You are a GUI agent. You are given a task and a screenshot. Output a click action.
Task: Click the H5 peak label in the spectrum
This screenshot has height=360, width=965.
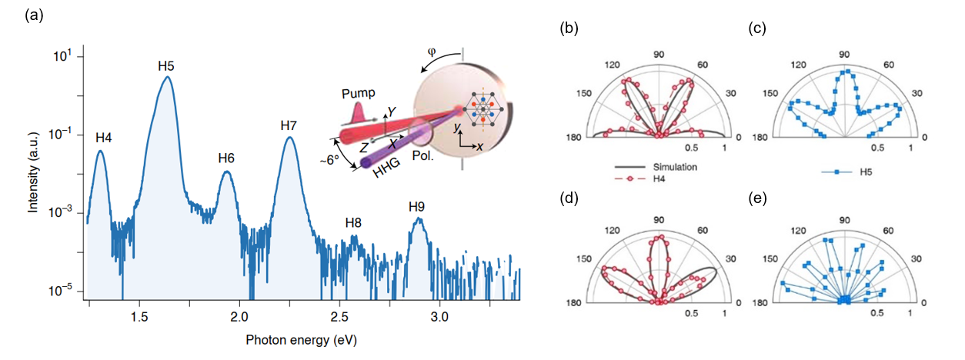pos(165,65)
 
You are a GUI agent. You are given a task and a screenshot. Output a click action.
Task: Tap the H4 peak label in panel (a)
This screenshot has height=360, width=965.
pos(104,138)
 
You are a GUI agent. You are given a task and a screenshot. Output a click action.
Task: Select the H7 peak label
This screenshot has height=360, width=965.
pos(289,125)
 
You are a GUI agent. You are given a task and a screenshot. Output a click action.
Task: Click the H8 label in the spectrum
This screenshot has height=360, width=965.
pos(353,224)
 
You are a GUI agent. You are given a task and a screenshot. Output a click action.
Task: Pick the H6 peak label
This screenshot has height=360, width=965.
pos(226,158)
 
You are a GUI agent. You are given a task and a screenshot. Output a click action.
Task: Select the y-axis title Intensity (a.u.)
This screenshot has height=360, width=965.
pos(34,175)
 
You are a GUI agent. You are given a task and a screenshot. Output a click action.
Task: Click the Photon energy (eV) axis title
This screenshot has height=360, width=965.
pos(301,339)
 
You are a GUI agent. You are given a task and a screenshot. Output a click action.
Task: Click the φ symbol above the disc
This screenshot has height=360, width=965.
pos(431,53)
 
